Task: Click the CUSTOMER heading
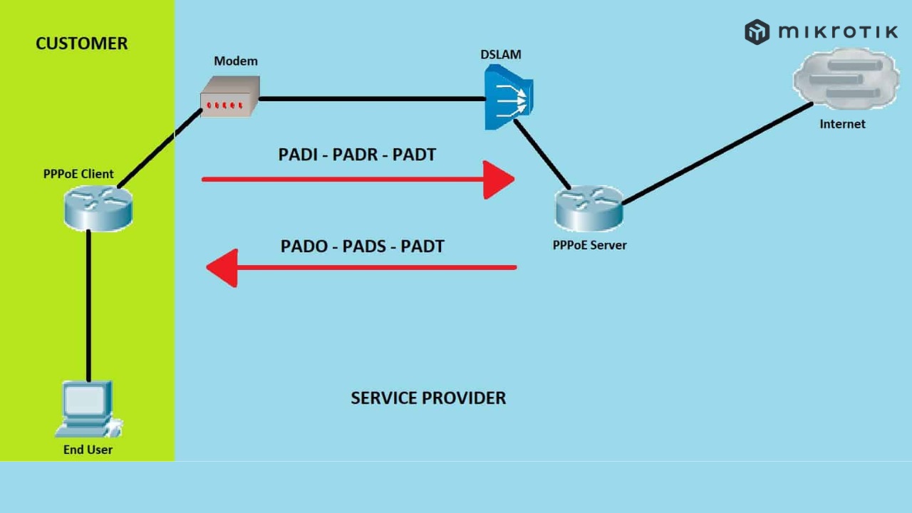[81, 43]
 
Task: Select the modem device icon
[229, 97]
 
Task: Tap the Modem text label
[236, 61]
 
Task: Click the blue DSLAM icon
[508, 98]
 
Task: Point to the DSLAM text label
[501, 54]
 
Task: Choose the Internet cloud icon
[846, 78]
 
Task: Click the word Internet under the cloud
[842, 124]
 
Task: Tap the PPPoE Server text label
[589, 245]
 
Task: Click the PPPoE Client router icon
[97, 207]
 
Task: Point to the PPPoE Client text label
[78, 175]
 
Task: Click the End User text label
[88, 450]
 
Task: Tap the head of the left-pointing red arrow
[222, 268]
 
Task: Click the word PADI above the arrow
[297, 154]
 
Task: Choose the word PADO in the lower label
[304, 247]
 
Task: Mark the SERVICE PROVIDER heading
[428, 398]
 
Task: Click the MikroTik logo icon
[757, 32]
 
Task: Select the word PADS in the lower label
[363, 247]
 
